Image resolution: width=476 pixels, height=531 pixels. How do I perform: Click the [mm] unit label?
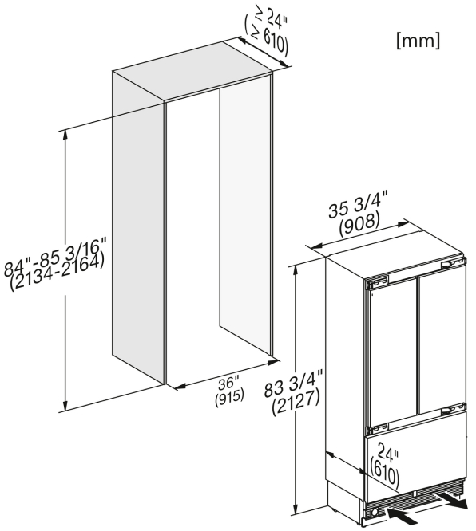pos(418,41)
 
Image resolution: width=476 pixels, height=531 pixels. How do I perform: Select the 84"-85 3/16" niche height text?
pos(55,256)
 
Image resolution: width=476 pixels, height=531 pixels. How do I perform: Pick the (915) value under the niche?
pos(229,396)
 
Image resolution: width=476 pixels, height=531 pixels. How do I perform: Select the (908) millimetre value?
pos(359,225)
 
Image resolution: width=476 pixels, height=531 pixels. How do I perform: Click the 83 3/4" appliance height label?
pos(293,383)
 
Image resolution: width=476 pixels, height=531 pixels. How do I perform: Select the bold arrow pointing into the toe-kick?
pos(403,517)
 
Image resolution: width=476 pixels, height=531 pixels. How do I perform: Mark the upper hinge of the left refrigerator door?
pos(376,281)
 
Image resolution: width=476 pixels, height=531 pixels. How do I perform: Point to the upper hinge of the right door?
pos(452,262)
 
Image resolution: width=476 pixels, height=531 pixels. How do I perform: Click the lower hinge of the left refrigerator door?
pos(376,430)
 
